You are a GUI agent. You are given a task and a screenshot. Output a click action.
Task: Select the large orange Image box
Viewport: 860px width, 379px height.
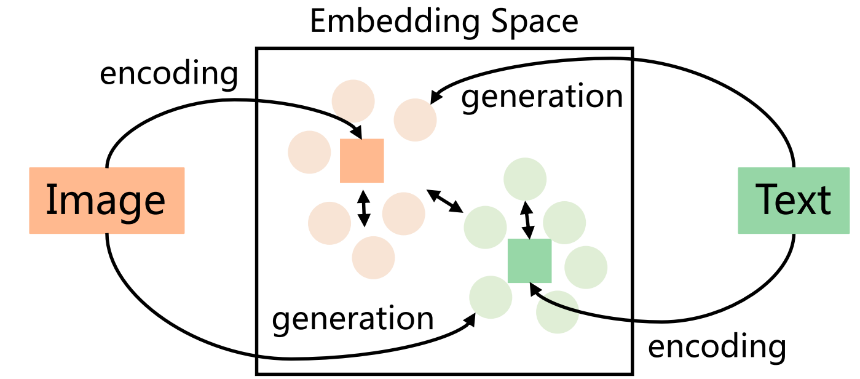107,201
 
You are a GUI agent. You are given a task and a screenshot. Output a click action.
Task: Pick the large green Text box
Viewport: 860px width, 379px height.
793,201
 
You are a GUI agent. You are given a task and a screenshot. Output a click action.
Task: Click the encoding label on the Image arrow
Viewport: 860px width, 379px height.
168,74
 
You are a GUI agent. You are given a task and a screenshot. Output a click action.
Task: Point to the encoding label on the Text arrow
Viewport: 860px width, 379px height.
717,346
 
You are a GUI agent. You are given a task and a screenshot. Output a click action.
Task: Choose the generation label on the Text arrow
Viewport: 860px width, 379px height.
542,97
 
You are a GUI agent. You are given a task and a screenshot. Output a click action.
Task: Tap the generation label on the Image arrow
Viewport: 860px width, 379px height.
352,319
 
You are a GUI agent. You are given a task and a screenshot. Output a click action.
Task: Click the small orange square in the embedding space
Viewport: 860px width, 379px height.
362,161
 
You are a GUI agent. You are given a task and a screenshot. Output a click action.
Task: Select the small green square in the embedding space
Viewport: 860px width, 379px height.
529,261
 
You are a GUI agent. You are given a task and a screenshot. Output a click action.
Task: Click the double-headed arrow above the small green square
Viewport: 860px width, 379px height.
527,218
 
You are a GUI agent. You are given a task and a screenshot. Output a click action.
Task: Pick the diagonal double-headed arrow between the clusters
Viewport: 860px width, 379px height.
445,202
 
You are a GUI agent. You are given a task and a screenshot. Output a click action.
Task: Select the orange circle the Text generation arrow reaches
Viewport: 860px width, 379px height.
415,119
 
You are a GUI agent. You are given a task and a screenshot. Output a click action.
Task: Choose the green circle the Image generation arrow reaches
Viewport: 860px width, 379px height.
491,297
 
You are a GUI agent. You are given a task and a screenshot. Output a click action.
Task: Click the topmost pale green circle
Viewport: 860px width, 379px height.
525,179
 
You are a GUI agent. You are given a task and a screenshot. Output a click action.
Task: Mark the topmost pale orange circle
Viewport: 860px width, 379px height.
353,100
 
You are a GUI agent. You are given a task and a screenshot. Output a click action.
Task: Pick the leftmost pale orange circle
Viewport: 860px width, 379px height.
309,152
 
